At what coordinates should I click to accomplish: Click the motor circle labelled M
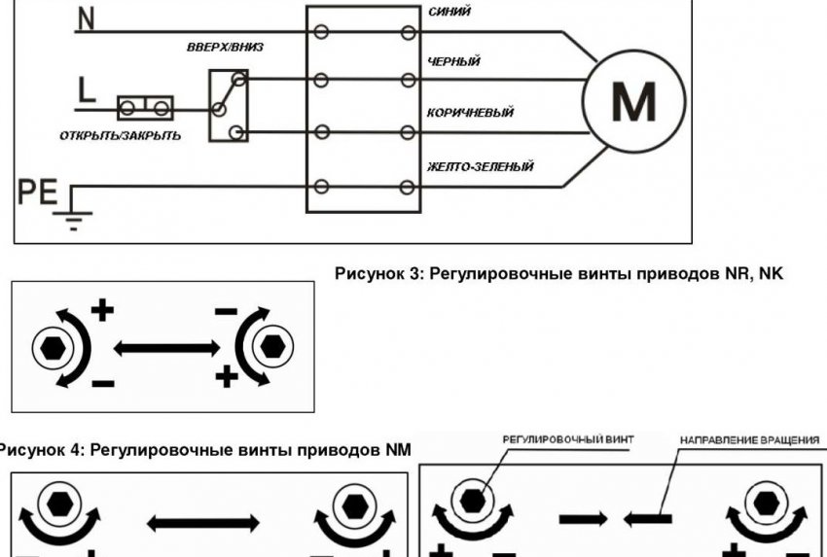pos(633,100)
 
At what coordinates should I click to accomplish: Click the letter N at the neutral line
pos(87,19)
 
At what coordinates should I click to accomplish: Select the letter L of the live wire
pos(86,93)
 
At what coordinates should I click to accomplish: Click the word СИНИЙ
pos(449,13)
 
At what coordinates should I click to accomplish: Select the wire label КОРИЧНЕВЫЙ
pos(470,113)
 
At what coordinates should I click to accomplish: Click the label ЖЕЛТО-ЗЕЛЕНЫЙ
pos(480,167)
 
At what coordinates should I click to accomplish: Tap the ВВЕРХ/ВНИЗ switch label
pos(225,47)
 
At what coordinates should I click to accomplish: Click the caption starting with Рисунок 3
pos(558,275)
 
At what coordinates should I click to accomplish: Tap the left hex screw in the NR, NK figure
pos(51,346)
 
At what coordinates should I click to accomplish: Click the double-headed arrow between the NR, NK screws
pos(162,346)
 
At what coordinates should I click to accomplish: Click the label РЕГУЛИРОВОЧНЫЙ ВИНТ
pos(568,440)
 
